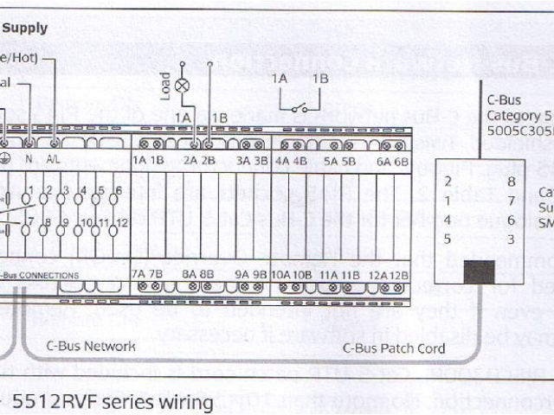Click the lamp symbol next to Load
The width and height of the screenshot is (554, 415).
click(x=183, y=86)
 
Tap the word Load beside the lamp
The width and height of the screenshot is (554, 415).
click(x=165, y=85)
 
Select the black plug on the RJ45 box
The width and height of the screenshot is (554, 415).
click(x=479, y=271)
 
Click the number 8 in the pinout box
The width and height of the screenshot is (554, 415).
click(x=512, y=182)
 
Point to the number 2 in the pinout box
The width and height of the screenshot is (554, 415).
click(x=448, y=182)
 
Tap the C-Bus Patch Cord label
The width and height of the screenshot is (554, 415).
click(x=394, y=348)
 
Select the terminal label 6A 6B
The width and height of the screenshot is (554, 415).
click(x=392, y=161)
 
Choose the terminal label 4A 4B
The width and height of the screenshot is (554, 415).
click(x=290, y=161)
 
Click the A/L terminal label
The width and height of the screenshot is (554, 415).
click(x=54, y=161)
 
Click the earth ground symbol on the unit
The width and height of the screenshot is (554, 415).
click(x=4, y=161)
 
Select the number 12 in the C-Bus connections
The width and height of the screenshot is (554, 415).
click(x=121, y=223)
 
